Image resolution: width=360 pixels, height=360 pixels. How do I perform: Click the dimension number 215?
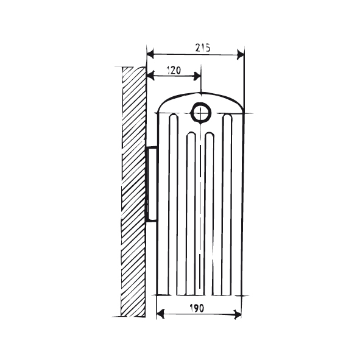(203, 48)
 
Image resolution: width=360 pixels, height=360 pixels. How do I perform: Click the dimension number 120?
(174, 70)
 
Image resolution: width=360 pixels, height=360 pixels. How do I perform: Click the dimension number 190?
(197, 308)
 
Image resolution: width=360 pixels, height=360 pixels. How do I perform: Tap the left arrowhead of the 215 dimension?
(150, 55)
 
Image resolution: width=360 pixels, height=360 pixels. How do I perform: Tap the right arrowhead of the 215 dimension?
(241, 55)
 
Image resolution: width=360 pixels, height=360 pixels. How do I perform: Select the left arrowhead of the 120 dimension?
(150, 76)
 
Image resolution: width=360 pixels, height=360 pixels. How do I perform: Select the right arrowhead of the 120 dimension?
(197, 76)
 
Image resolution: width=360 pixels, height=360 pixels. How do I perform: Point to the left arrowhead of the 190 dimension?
(160, 314)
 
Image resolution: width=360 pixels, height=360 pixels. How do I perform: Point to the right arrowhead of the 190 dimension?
(238, 314)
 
